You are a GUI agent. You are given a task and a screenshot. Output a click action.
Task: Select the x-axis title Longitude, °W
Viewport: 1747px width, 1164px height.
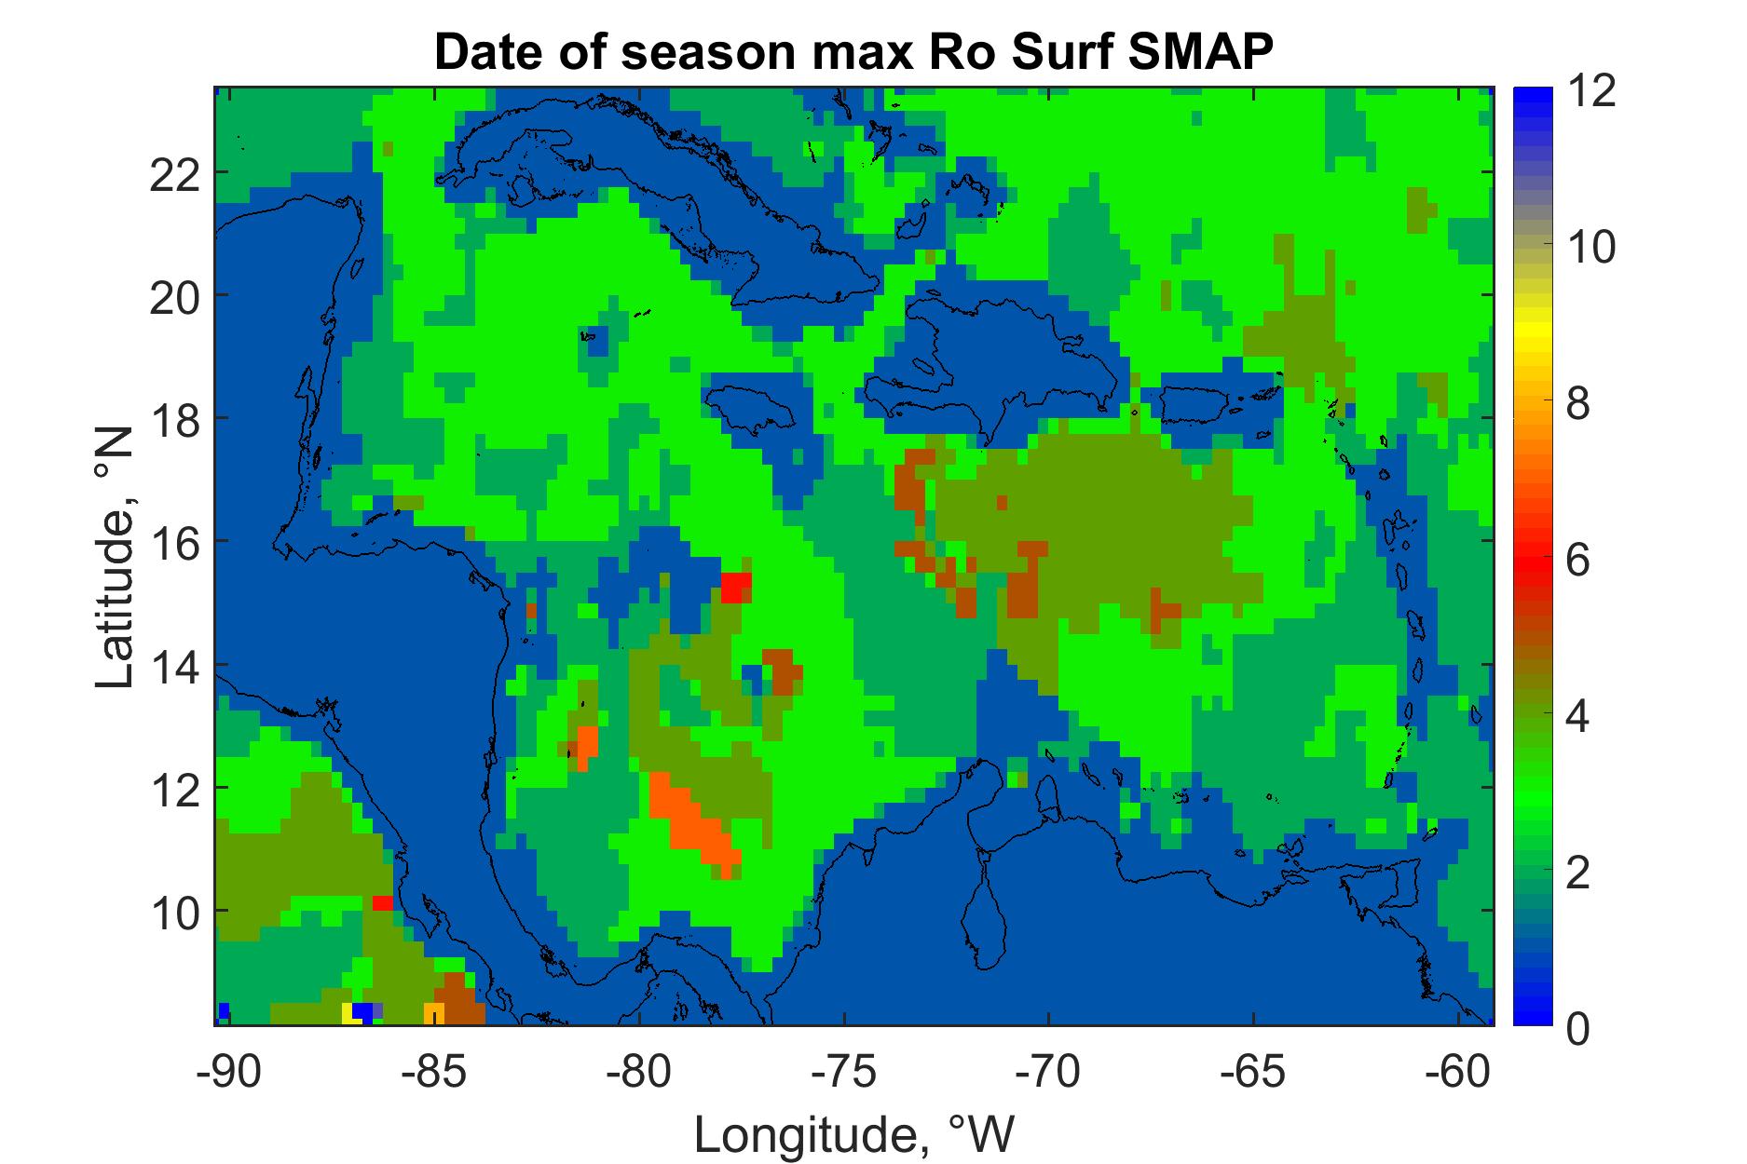coord(853,1134)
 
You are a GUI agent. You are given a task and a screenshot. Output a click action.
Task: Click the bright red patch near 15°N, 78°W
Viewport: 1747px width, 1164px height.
coord(736,587)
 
